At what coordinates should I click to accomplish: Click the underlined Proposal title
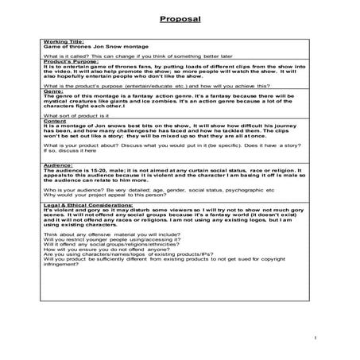tap(180, 17)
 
